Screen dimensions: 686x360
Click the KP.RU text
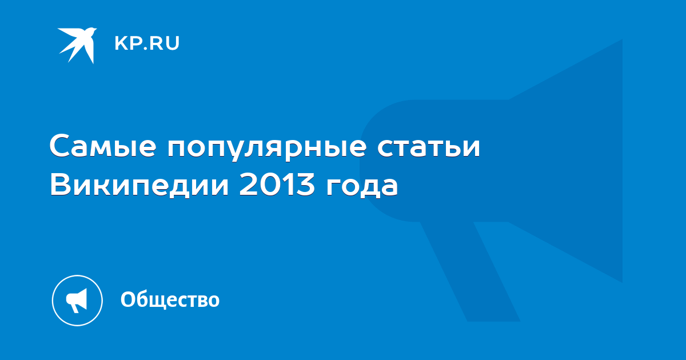[147, 43]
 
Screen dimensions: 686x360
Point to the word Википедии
[139, 185]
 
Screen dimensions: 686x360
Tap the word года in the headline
[362, 187]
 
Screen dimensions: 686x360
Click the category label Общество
[170, 299]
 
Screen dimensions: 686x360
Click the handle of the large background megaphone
[470, 271]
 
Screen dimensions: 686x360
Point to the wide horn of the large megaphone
[565, 161]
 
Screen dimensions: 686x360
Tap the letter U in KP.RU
[173, 43]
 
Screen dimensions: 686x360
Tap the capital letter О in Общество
[128, 299]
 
